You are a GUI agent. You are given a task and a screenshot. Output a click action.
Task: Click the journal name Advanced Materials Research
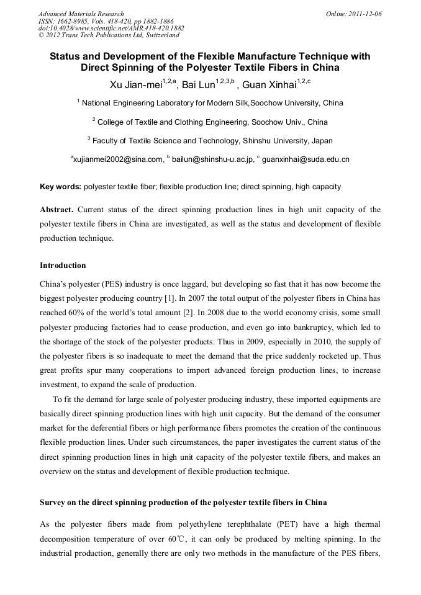tap(81, 14)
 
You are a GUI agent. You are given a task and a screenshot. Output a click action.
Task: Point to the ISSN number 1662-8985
tap(70, 21)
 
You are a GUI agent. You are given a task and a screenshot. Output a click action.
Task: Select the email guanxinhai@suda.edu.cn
tap(306, 159)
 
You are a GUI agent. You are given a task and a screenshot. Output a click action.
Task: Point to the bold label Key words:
tap(60, 186)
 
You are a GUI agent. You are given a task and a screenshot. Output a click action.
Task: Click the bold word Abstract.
tap(57, 210)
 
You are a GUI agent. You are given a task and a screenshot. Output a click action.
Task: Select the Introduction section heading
tap(63, 266)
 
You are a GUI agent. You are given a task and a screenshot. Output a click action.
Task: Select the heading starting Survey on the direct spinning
tap(183, 501)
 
